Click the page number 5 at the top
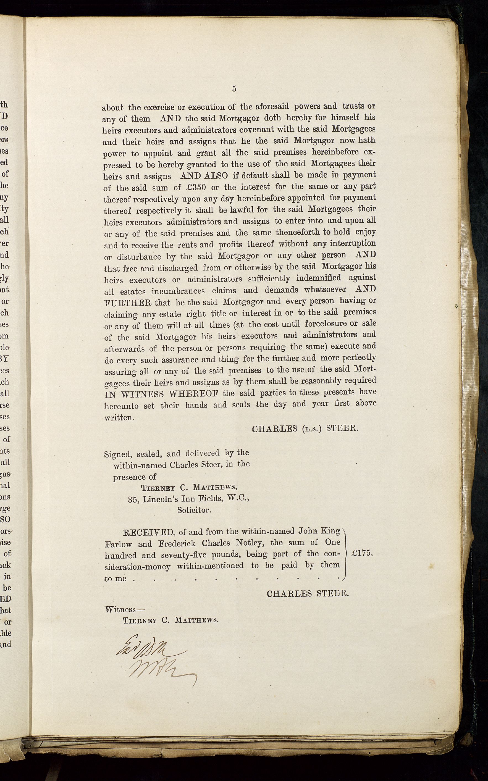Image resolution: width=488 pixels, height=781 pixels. (x=234, y=89)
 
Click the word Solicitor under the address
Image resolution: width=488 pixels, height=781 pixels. (x=194, y=510)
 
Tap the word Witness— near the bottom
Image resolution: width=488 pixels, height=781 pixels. (x=125, y=609)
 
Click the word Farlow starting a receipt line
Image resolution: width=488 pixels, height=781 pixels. (x=118, y=544)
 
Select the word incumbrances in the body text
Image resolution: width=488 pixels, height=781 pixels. (x=178, y=291)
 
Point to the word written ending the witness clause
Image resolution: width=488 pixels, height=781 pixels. (x=119, y=417)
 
